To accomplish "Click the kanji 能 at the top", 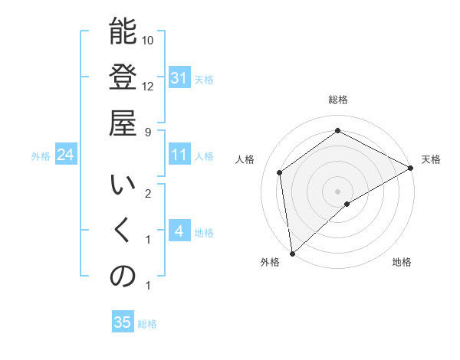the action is click(x=123, y=33).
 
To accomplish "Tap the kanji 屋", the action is click(x=123, y=123).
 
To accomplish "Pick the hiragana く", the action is click(x=123, y=233).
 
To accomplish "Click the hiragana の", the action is click(x=123, y=277).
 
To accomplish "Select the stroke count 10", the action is click(x=148, y=40).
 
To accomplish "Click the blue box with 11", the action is click(x=179, y=155).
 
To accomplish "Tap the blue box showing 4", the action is click(x=179, y=231).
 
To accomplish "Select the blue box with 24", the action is click(x=66, y=155).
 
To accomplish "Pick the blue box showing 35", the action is click(x=122, y=322).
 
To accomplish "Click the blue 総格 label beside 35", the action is click(x=147, y=324).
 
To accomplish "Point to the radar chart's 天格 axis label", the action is click(x=431, y=159).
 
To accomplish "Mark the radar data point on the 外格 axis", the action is click(x=291, y=254).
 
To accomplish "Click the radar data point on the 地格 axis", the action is click(x=347, y=204).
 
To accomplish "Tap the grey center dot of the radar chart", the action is click(x=337, y=190).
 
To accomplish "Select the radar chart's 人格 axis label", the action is click(x=245, y=159).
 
